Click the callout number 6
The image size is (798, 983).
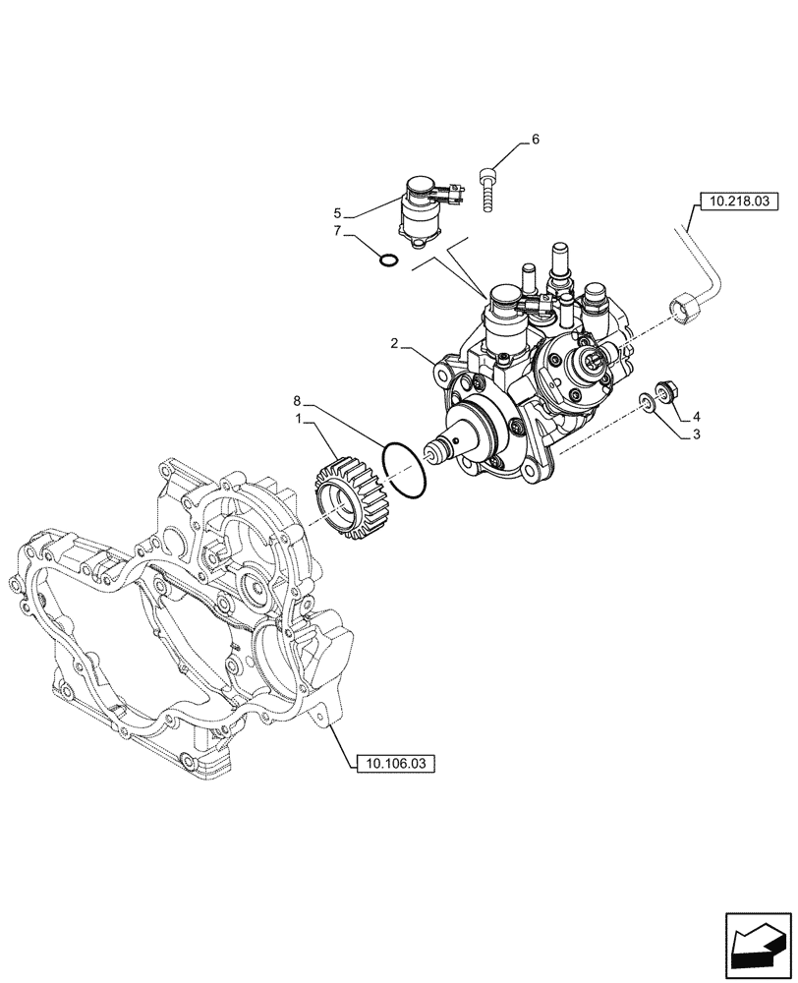coord(535,140)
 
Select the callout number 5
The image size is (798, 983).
coord(337,213)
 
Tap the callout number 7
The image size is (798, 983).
coord(337,231)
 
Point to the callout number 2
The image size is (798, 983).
coord(394,344)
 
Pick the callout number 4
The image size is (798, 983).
coord(695,417)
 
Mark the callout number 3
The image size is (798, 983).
coord(695,434)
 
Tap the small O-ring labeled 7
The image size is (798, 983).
coord(388,260)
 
